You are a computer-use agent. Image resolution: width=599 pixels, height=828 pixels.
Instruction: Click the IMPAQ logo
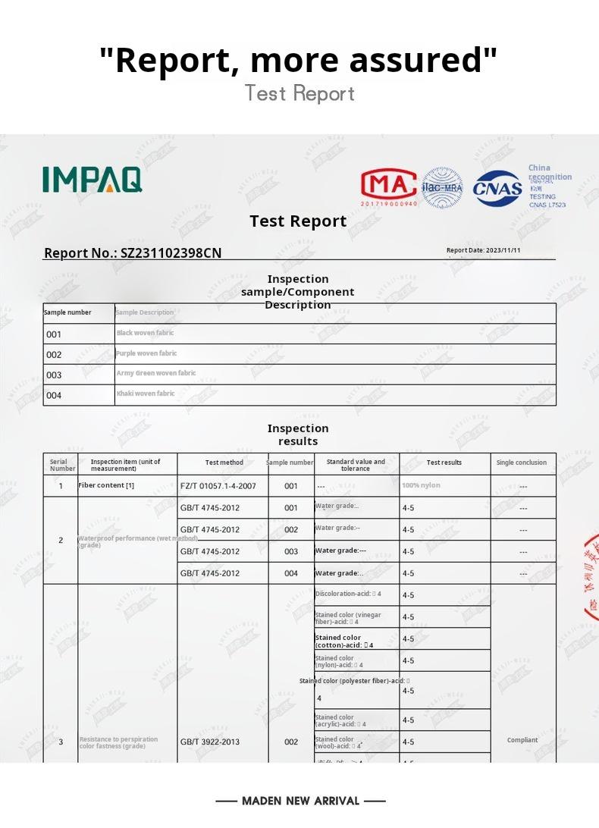coord(92,179)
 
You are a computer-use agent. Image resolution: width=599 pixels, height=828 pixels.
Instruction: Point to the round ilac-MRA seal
coord(442,187)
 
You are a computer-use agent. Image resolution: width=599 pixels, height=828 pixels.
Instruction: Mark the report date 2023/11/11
coord(484,250)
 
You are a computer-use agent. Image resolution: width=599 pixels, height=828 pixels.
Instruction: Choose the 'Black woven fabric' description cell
coord(145,333)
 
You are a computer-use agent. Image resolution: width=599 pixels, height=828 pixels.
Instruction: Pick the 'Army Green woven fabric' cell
coord(155,373)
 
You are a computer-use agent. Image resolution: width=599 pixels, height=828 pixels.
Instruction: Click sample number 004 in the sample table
coord(54,395)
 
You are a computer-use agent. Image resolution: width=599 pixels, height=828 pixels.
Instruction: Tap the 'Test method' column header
coord(224,463)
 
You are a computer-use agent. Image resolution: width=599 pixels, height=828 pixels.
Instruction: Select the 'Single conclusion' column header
coord(522,463)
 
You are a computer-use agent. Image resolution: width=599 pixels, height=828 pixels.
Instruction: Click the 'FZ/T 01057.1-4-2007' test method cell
coord(218,486)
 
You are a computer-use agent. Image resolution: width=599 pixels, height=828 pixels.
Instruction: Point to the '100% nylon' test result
coord(421,485)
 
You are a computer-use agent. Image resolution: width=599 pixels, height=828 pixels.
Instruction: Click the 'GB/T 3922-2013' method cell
coord(209,742)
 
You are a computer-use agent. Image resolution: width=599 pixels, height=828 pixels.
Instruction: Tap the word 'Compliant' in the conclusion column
coord(522,740)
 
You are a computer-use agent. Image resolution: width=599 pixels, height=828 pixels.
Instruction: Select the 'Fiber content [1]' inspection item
coord(106,485)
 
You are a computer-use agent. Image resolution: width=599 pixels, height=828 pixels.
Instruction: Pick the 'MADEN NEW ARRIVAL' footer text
coord(300,801)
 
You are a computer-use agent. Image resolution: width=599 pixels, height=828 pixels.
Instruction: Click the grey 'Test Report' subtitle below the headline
coord(299,93)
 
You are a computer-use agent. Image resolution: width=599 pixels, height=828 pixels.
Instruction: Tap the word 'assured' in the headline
coord(425,60)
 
